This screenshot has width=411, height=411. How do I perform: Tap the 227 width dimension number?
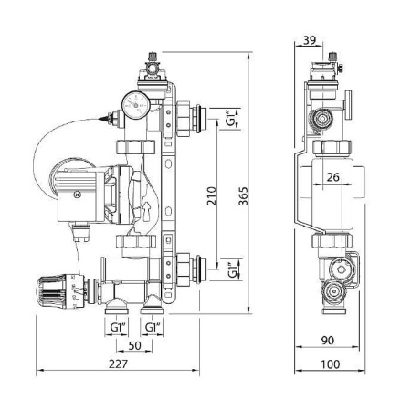(x=116, y=364)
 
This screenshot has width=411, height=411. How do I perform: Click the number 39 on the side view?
(x=308, y=39)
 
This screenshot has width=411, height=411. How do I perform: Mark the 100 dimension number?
(x=331, y=364)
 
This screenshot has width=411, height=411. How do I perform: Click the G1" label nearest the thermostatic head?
(x=116, y=326)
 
